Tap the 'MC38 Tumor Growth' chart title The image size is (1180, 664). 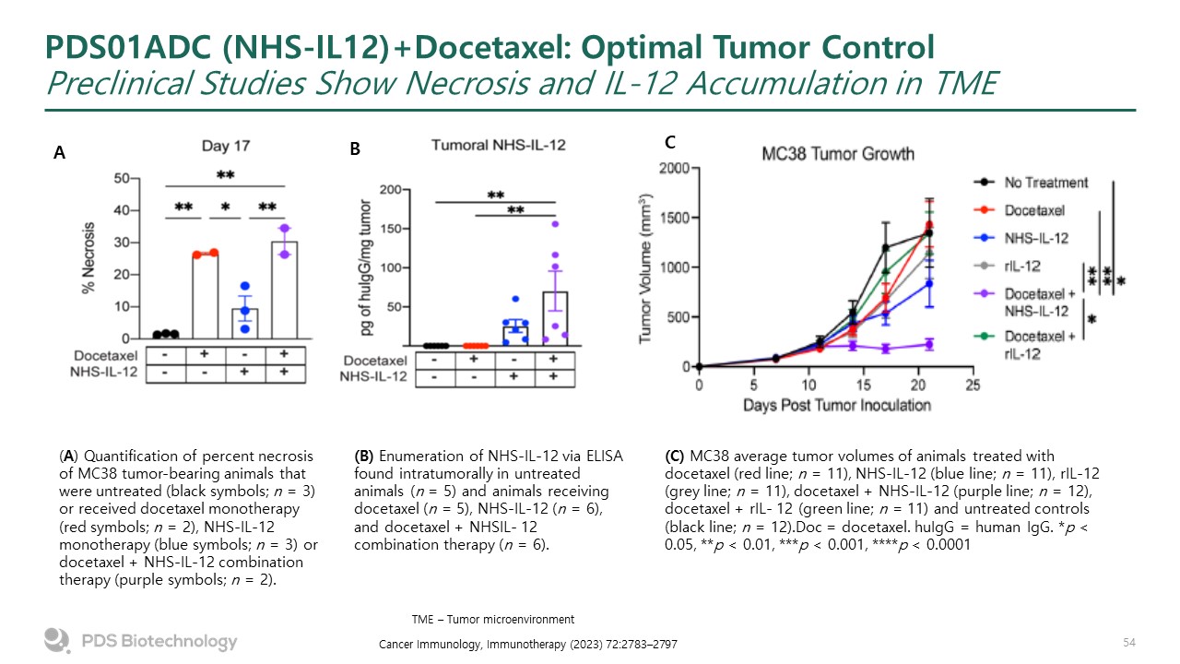(x=837, y=153)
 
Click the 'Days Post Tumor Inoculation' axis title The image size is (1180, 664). (x=835, y=404)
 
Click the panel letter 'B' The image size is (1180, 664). (x=355, y=147)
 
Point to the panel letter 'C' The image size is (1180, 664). (x=670, y=142)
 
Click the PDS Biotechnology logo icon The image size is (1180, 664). (x=57, y=640)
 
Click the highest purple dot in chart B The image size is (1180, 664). (x=555, y=224)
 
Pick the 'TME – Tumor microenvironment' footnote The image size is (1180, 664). (x=492, y=619)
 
